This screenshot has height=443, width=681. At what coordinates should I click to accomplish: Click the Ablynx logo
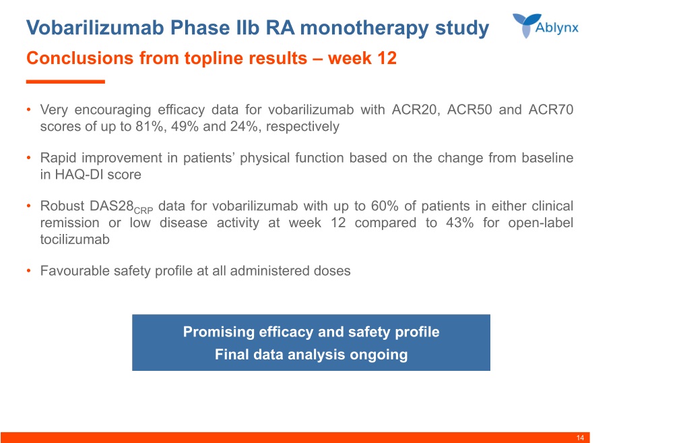546,26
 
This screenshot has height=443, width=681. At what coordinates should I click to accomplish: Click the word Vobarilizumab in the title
95,28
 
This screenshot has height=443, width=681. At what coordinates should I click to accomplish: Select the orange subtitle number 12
387,58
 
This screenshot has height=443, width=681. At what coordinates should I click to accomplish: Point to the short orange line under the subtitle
65,82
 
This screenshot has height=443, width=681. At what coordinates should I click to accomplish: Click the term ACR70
551,109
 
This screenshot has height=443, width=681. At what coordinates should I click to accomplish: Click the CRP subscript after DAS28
143,211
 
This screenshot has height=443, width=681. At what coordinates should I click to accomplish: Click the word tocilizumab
75,239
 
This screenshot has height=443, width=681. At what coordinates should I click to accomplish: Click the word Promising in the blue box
218,332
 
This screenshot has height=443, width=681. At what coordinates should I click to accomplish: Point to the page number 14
580,438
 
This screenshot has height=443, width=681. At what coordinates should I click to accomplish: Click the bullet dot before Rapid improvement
29,157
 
